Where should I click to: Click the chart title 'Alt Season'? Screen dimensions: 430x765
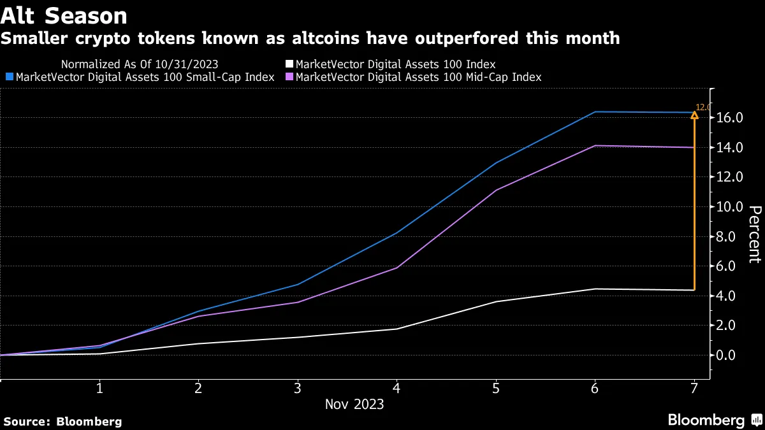click(64, 15)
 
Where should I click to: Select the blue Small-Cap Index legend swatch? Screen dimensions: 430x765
click(8, 77)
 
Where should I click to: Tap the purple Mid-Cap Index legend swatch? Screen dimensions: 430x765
click(289, 77)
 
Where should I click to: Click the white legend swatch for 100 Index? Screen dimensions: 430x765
click(289, 64)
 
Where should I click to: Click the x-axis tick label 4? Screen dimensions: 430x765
click(397, 388)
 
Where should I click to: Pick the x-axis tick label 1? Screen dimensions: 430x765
click(99, 388)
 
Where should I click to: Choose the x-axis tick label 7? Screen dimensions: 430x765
click(694, 388)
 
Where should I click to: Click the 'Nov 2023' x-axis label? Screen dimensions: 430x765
click(354, 405)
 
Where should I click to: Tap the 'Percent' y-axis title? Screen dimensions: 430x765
click(755, 234)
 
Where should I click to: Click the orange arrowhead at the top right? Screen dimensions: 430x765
click(694, 115)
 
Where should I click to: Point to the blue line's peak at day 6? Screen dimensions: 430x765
click(595, 111)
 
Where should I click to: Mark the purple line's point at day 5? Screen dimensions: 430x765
click(496, 190)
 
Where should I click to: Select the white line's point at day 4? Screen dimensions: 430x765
click(397, 329)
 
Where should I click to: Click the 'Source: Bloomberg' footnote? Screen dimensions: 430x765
click(62, 421)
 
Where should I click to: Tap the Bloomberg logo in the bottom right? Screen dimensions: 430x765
click(714, 420)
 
